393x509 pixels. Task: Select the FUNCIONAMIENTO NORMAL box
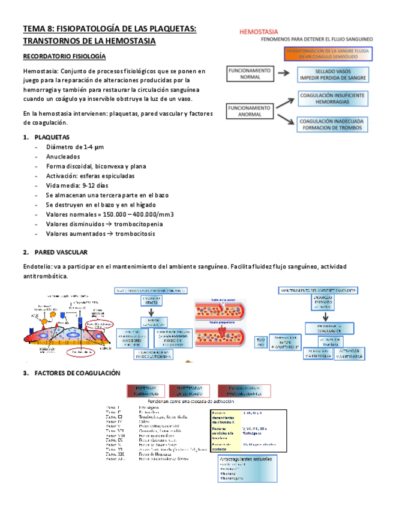tap(250, 74)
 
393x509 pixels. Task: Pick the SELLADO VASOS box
tap(332, 74)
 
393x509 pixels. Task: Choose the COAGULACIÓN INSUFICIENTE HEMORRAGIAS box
tap(332, 98)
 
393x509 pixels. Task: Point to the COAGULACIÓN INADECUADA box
tap(332, 124)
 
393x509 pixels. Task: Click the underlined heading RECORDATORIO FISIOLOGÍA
tap(64, 56)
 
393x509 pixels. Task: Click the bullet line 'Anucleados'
tap(64, 156)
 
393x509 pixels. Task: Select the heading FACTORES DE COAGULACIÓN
tap(77, 373)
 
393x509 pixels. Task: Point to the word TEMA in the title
tap(34, 29)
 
